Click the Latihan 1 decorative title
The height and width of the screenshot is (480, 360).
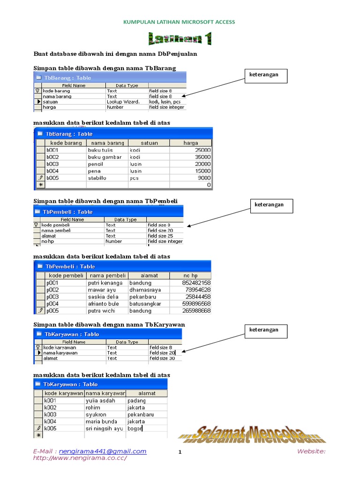[180, 38]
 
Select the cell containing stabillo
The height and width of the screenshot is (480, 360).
[97, 178]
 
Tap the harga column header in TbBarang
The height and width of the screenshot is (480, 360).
[190, 143]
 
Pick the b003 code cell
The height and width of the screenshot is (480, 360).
[52, 164]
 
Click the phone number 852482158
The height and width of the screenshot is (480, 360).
[196, 283]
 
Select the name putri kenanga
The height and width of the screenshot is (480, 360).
[105, 283]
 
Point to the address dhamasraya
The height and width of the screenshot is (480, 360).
[145, 290]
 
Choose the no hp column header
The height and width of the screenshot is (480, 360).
[190, 276]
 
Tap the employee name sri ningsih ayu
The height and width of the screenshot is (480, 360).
[104, 428]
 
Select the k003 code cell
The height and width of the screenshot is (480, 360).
[50, 414]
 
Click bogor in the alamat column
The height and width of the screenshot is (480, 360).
[135, 428]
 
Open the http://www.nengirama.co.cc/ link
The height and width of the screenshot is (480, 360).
[80, 458]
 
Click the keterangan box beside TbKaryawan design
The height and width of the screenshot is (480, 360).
[266, 330]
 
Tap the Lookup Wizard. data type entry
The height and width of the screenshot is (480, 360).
[123, 102]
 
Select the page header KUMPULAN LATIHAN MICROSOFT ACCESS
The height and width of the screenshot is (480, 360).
[179, 22]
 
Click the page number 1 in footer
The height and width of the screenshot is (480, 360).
[180, 452]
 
